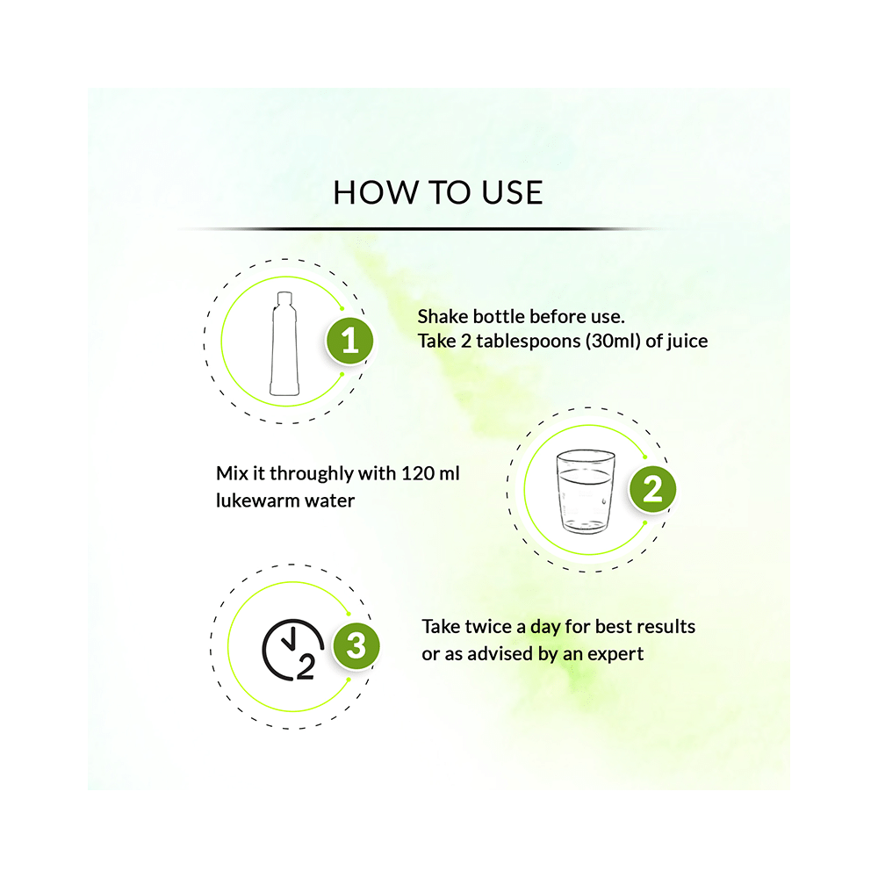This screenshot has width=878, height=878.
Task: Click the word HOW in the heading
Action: pyautogui.click(x=376, y=192)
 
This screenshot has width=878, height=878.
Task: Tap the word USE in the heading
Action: pyautogui.click(x=512, y=192)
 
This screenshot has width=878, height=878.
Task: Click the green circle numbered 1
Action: pyautogui.click(x=350, y=341)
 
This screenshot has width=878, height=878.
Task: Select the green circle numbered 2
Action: pyautogui.click(x=652, y=489)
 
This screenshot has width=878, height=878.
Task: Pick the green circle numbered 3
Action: pyautogui.click(x=356, y=645)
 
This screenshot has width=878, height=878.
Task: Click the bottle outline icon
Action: pyautogui.click(x=284, y=343)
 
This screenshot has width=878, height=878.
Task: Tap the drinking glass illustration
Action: pyautogui.click(x=586, y=491)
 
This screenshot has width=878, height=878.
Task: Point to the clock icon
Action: pyautogui.click(x=293, y=650)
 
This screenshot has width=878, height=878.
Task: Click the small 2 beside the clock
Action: pyautogui.click(x=306, y=666)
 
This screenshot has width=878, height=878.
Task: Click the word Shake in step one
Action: pyautogui.click(x=443, y=316)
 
